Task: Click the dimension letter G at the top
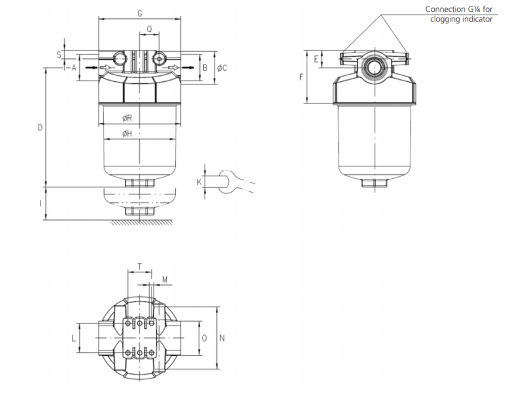(x=141, y=13)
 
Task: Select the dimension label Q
(x=149, y=29)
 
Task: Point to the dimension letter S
(x=59, y=54)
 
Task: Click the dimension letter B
(x=205, y=67)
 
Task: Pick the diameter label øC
(x=222, y=67)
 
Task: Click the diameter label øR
(x=127, y=118)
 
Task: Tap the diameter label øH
(x=127, y=134)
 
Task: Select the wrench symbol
(x=232, y=181)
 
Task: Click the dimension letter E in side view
(x=316, y=60)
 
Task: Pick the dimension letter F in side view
(x=301, y=77)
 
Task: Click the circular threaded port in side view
(x=374, y=67)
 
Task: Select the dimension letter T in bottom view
(x=139, y=266)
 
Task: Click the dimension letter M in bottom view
(x=165, y=280)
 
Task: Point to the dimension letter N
(x=222, y=338)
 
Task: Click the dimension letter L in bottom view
(x=73, y=338)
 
